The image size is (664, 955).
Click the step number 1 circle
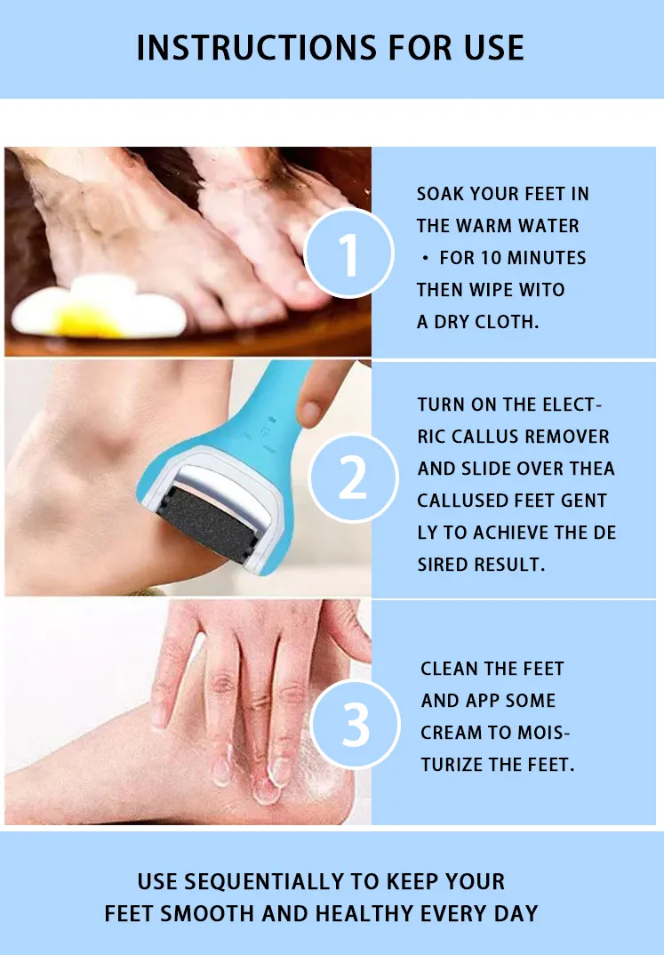pyautogui.click(x=348, y=253)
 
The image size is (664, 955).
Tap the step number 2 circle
pyautogui.click(x=354, y=477)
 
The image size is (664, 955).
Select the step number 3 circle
pyautogui.click(x=356, y=724)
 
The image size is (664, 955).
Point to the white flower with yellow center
pyautogui.click(x=100, y=307)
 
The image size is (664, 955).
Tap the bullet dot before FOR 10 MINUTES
pyautogui.click(x=426, y=258)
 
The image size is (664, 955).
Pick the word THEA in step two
pyautogui.click(x=592, y=469)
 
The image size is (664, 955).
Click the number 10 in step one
pyautogui.click(x=491, y=258)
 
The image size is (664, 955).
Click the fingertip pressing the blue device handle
pyautogui.click(x=311, y=411)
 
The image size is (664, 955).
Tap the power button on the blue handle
pyautogui.click(x=266, y=431)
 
